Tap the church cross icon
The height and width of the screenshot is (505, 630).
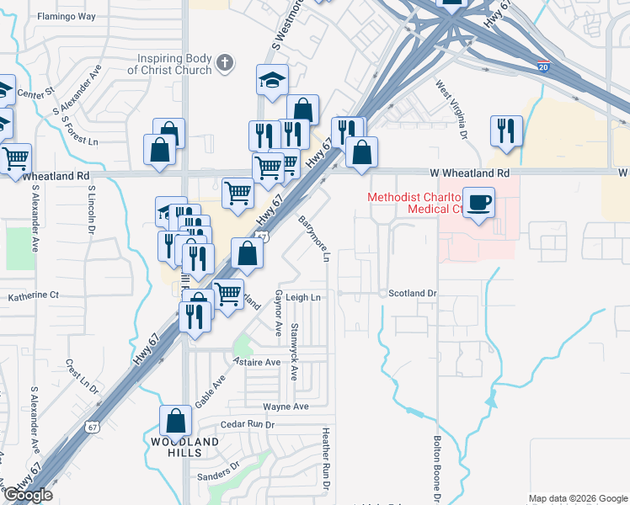pyautogui.click(x=225, y=61)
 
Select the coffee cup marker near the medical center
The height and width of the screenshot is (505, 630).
pyautogui.click(x=478, y=202)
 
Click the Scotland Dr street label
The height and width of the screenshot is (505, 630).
pyautogui.click(x=413, y=294)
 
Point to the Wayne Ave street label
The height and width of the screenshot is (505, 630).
pyautogui.click(x=286, y=407)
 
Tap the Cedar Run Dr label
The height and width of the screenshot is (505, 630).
pyautogui.click(x=248, y=425)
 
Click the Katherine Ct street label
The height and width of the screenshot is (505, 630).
pyautogui.click(x=34, y=295)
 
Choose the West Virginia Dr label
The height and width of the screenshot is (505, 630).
pyautogui.click(x=451, y=109)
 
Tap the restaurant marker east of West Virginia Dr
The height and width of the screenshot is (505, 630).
pyautogui.click(x=505, y=130)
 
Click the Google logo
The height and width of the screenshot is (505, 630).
pyautogui.click(x=27, y=495)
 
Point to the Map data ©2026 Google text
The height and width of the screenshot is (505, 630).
pyautogui.click(x=578, y=498)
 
